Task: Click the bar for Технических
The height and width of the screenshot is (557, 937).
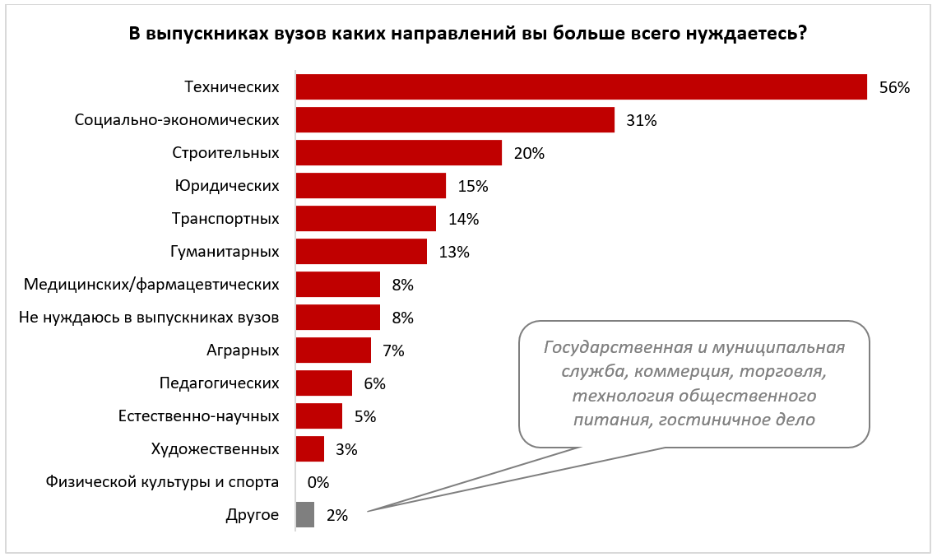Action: (x=581, y=87)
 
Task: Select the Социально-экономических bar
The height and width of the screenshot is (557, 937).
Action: (x=455, y=120)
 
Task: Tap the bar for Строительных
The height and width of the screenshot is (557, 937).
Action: (x=398, y=153)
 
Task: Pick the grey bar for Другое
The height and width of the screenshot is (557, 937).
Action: (x=304, y=515)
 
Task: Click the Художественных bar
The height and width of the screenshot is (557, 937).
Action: (x=309, y=449)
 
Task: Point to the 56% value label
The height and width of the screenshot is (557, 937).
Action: (x=894, y=88)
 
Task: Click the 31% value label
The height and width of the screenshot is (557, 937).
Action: (x=641, y=121)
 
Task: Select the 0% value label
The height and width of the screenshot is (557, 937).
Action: (x=318, y=483)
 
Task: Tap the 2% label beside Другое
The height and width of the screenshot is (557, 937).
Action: (x=337, y=516)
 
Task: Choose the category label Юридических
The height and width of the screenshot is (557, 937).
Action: (x=227, y=186)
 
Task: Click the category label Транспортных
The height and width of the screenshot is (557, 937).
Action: (x=225, y=219)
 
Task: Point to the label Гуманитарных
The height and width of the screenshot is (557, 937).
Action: (x=225, y=252)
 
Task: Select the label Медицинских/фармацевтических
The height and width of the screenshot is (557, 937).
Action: (x=151, y=285)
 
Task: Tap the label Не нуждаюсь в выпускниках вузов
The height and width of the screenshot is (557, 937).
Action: (x=149, y=318)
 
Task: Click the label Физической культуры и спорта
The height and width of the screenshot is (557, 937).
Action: (x=162, y=482)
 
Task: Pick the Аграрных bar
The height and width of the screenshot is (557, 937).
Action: (x=333, y=350)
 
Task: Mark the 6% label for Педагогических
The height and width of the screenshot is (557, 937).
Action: (x=374, y=384)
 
